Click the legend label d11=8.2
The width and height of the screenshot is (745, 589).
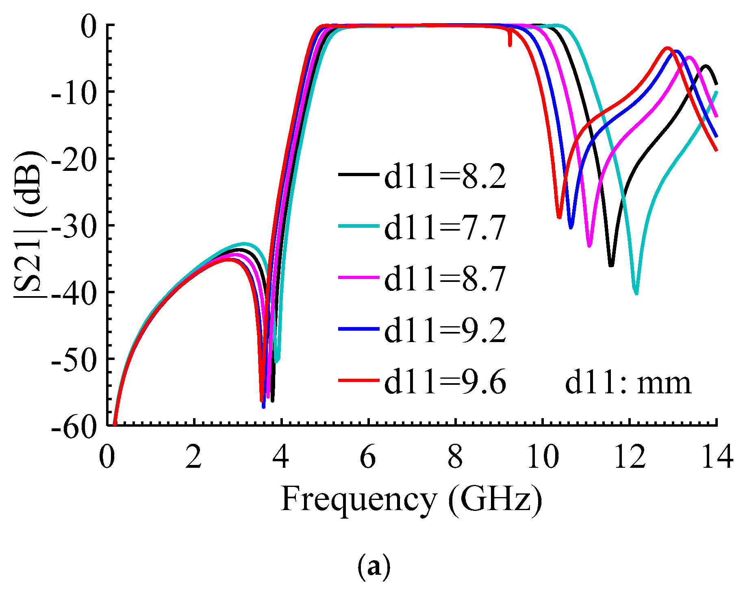coord(445,177)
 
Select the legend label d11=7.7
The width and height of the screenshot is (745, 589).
coord(445,227)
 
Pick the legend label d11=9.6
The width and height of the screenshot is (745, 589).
coord(445,382)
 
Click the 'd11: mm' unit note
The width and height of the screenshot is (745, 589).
coord(628,382)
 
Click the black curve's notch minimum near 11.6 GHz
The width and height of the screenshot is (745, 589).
coord(611,265)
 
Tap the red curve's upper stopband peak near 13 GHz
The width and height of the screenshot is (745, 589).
coord(667,48)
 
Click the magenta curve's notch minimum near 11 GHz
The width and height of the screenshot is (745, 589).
coord(590,245)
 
